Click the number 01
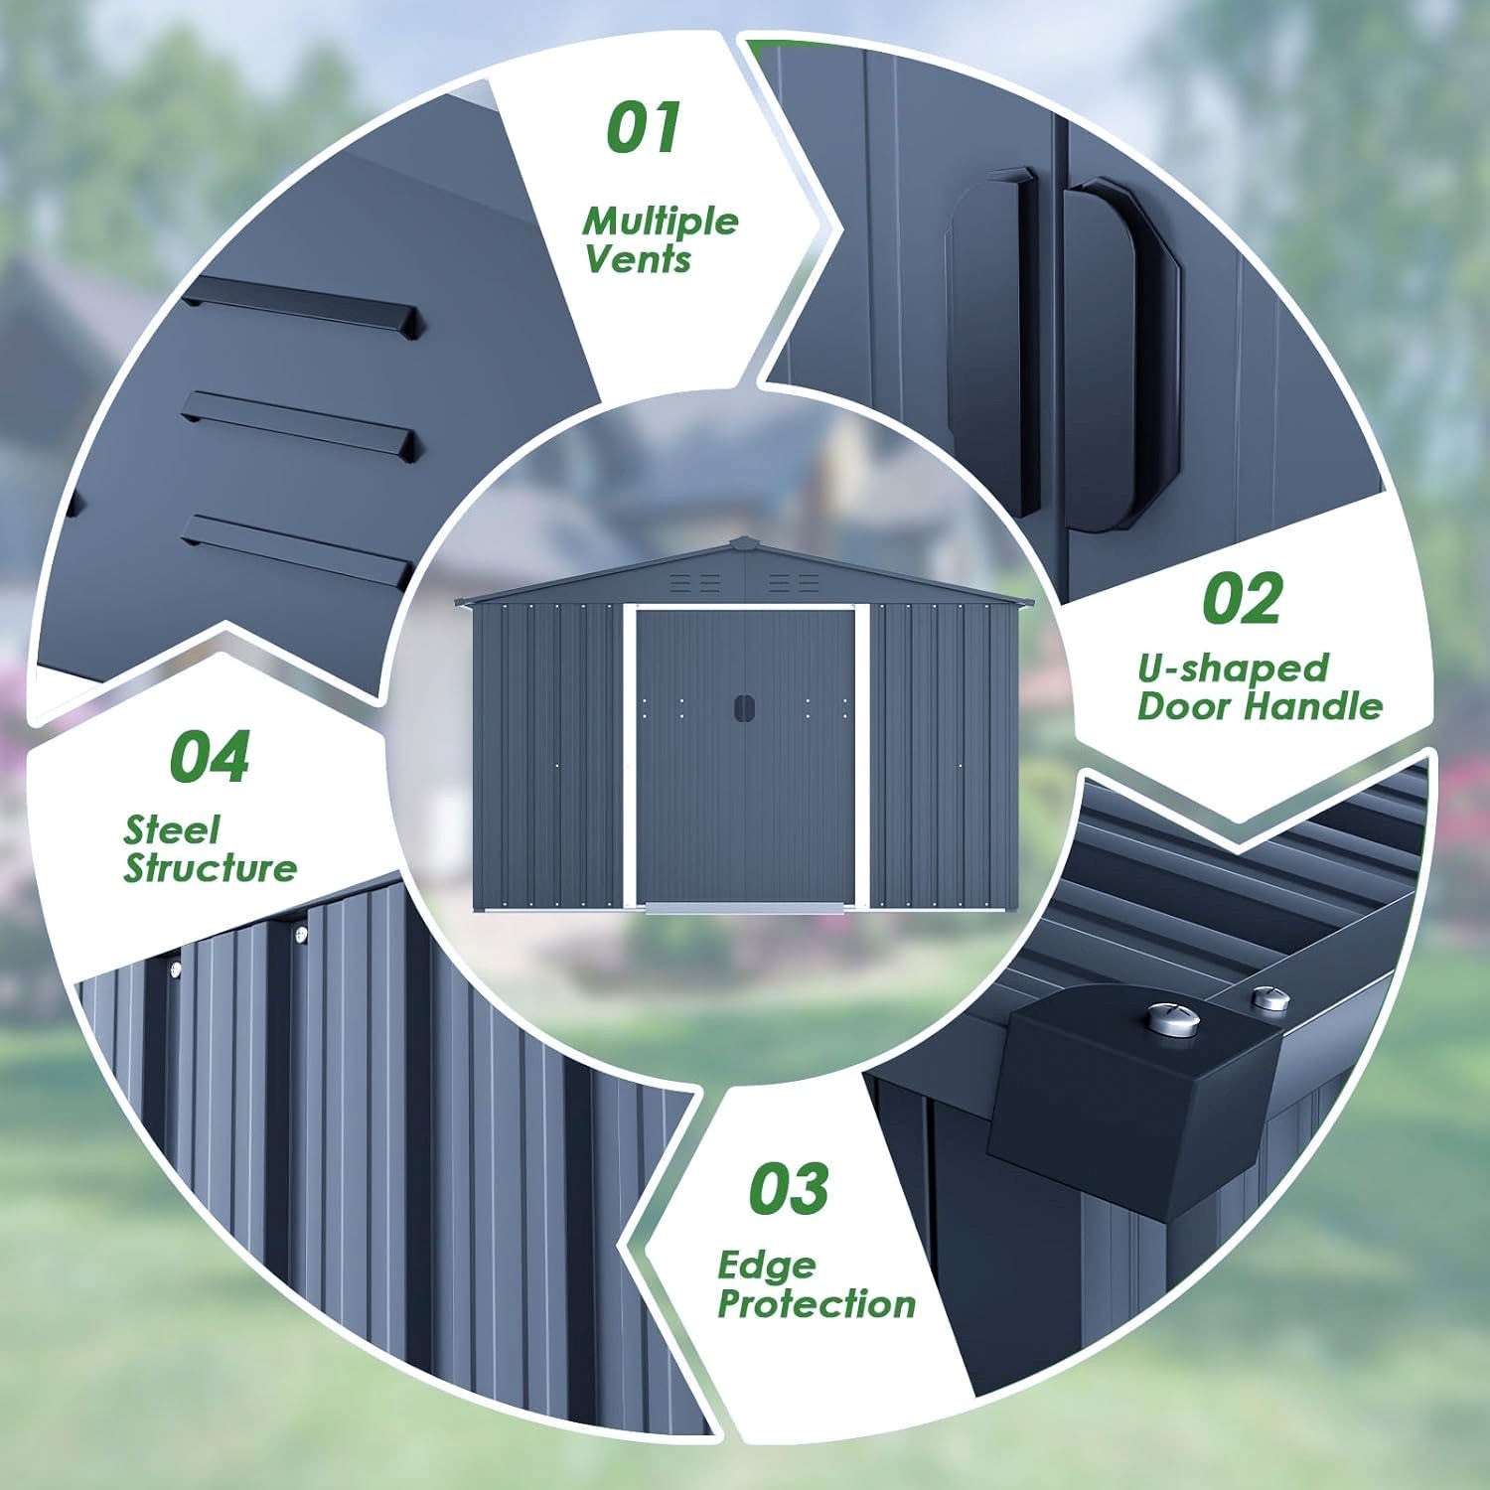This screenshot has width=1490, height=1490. (644, 128)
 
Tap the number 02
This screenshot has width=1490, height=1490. (1242, 599)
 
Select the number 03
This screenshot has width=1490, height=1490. (789, 1188)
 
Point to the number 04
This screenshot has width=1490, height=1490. (209, 757)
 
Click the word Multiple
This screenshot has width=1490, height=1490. (661, 221)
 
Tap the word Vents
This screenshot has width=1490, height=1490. (638, 259)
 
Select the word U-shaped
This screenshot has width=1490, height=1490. (1233, 669)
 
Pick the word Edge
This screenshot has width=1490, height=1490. (766, 1266)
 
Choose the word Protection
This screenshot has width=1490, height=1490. (817, 1304)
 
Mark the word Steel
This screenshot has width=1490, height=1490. (172, 829)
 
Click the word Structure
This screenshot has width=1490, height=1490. (210, 868)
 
